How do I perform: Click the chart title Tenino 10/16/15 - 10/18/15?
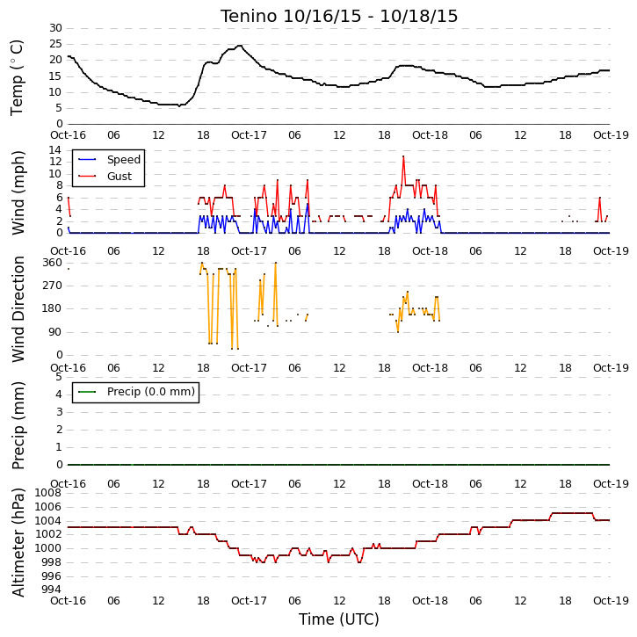[339, 16]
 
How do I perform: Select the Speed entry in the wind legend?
[109, 159]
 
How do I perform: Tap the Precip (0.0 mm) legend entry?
[136, 392]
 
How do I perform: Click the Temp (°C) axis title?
[17, 77]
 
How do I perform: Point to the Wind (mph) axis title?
[18, 192]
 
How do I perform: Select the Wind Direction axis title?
[18, 309]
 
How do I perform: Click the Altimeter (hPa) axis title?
[18, 542]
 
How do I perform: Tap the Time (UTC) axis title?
[339, 619]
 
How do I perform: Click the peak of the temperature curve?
[240, 46]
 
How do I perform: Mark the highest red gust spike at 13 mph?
[403, 156]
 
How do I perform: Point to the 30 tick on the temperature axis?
[55, 28]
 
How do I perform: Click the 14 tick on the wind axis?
[55, 150]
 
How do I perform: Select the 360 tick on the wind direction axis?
[53, 263]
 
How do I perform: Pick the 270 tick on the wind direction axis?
[53, 286]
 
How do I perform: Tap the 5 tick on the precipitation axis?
[59, 377]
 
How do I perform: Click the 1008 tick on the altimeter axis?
[48, 493]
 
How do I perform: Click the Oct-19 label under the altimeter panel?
[611, 600]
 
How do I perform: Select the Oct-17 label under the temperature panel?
[249, 135]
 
